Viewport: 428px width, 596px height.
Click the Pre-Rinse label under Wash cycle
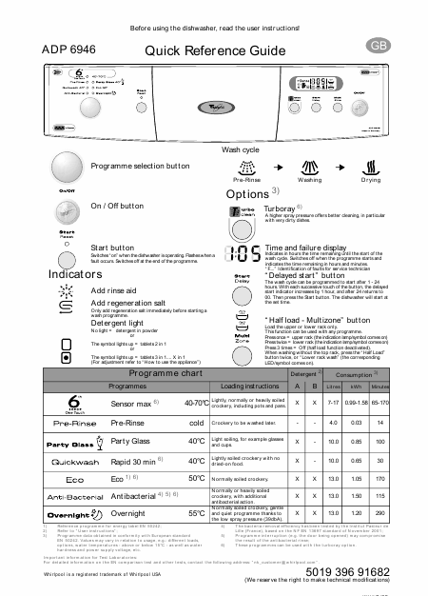click(x=246, y=178)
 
